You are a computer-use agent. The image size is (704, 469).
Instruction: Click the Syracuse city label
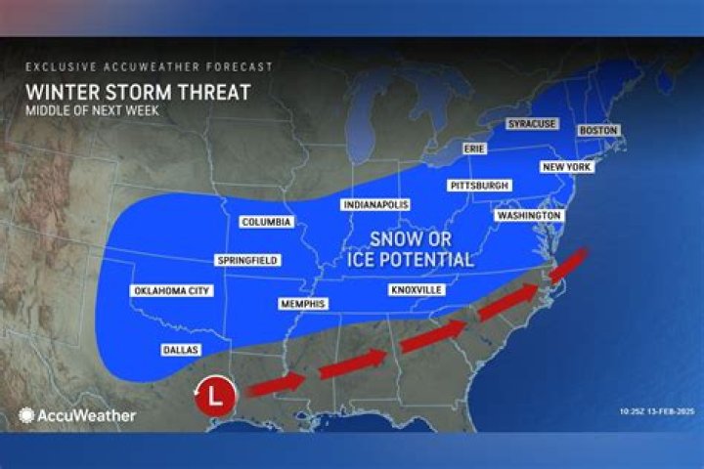[x=531, y=124]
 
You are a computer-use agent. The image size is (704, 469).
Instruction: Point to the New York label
[x=566, y=167]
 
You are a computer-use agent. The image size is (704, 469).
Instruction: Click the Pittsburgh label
[x=479, y=185]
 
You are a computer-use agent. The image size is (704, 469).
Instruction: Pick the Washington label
[x=528, y=215]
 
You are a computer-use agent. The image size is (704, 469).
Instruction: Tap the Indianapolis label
[x=375, y=205]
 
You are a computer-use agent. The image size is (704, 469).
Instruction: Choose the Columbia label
[x=266, y=222]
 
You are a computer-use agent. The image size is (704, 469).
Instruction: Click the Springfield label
[x=247, y=260]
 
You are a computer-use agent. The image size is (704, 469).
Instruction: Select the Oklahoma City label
[x=170, y=291]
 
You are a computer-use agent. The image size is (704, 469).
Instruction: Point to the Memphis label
[x=302, y=304]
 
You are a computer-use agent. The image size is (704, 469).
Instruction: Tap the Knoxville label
[x=417, y=290]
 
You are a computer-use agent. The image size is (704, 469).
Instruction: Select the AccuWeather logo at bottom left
[x=77, y=415]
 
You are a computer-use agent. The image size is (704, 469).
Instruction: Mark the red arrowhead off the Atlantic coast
[x=578, y=259]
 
